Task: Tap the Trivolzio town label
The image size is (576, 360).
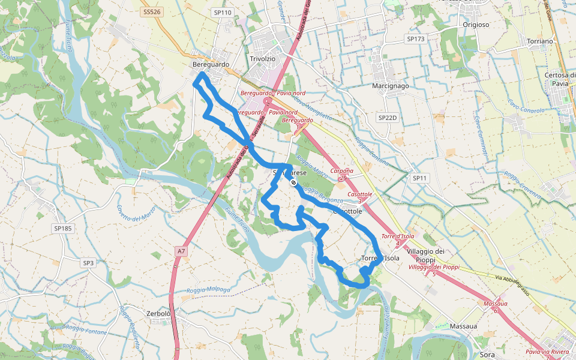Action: tap(262, 59)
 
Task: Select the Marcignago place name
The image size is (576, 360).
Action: tap(391, 86)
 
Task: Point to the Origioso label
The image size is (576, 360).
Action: tap(476, 25)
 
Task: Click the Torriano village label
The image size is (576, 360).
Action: tap(539, 41)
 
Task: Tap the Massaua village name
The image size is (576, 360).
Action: tap(463, 326)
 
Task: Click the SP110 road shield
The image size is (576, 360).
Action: tap(222, 12)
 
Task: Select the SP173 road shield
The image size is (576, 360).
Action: tap(415, 39)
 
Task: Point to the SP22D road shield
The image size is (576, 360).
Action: tap(388, 118)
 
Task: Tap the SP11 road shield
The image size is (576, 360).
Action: tap(419, 178)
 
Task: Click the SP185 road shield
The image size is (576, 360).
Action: tap(62, 229)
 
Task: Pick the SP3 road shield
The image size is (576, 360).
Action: tap(88, 263)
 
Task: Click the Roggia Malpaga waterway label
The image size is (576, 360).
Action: tap(209, 290)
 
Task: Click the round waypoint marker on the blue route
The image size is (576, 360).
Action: tap(293, 182)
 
